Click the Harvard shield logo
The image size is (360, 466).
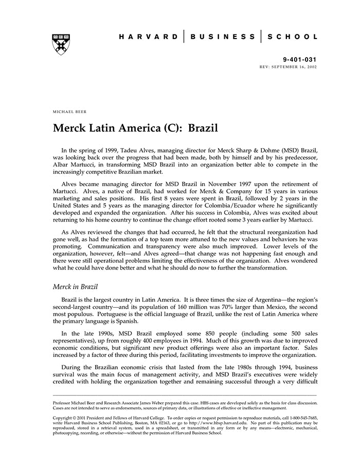point(61,44)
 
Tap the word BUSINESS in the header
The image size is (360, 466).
point(223,37)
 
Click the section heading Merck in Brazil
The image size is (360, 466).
point(76,286)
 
